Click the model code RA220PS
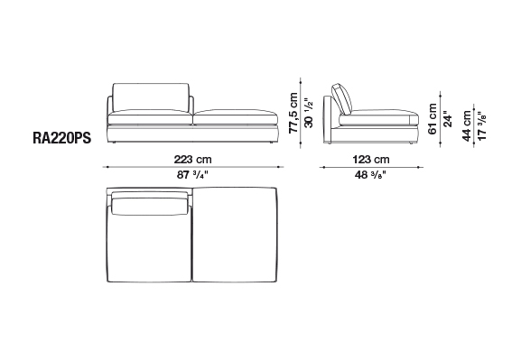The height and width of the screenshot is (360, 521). [x=61, y=138]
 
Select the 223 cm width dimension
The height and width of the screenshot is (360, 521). [x=192, y=160]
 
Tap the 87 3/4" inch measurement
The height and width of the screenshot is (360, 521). [x=192, y=175]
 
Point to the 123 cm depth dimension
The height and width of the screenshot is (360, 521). [x=371, y=160]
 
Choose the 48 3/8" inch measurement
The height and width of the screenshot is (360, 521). [x=370, y=175]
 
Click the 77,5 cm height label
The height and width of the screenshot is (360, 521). [x=293, y=113]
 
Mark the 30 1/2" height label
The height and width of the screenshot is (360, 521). [x=309, y=113]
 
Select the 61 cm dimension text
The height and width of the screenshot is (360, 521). [x=433, y=119]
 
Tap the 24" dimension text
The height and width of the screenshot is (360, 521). [x=448, y=119]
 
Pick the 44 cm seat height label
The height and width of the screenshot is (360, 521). [x=467, y=125]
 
